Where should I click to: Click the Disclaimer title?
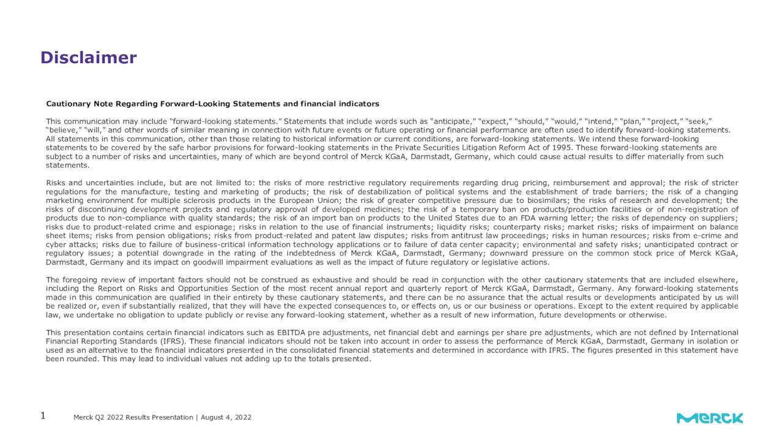pyautogui.click(x=88, y=58)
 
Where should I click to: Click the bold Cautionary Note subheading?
pyautogui.click(x=212, y=104)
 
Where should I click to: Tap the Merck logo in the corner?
pyautogui.click(x=710, y=418)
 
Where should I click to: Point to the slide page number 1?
pyautogui.click(x=43, y=416)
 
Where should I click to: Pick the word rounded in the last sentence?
pyautogui.click(x=81, y=359)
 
